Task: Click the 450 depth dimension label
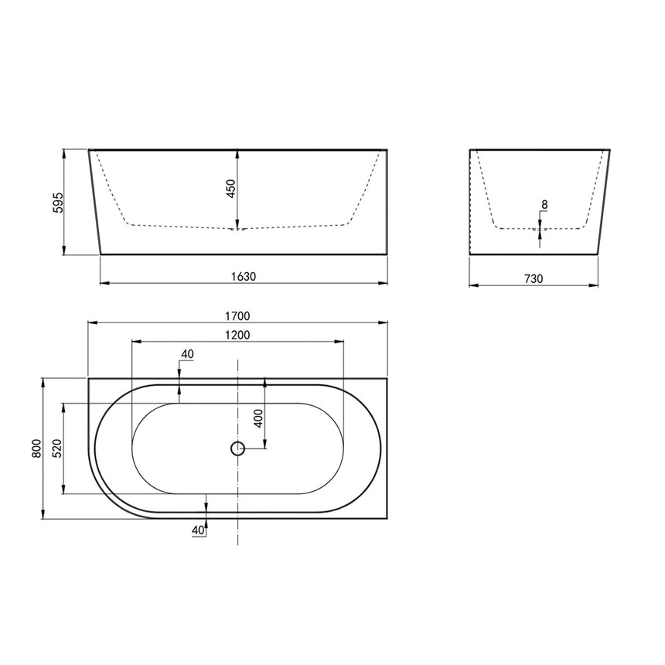point(230,189)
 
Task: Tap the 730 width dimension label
point(534,278)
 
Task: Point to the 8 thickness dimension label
point(544,205)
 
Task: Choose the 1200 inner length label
point(237,335)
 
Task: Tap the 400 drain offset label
point(258,418)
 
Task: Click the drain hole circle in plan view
point(237,448)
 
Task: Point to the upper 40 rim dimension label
point(186,354)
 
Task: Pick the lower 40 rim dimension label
point(196,530)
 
